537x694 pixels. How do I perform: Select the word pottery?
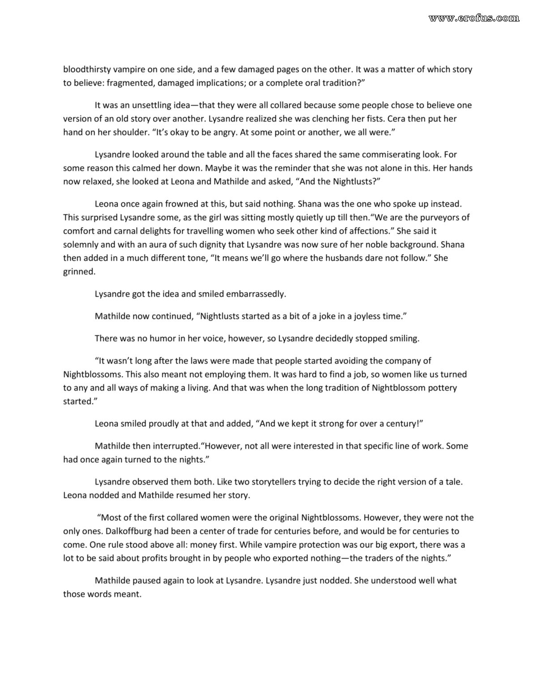442,387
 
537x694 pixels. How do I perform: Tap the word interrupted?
176,446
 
